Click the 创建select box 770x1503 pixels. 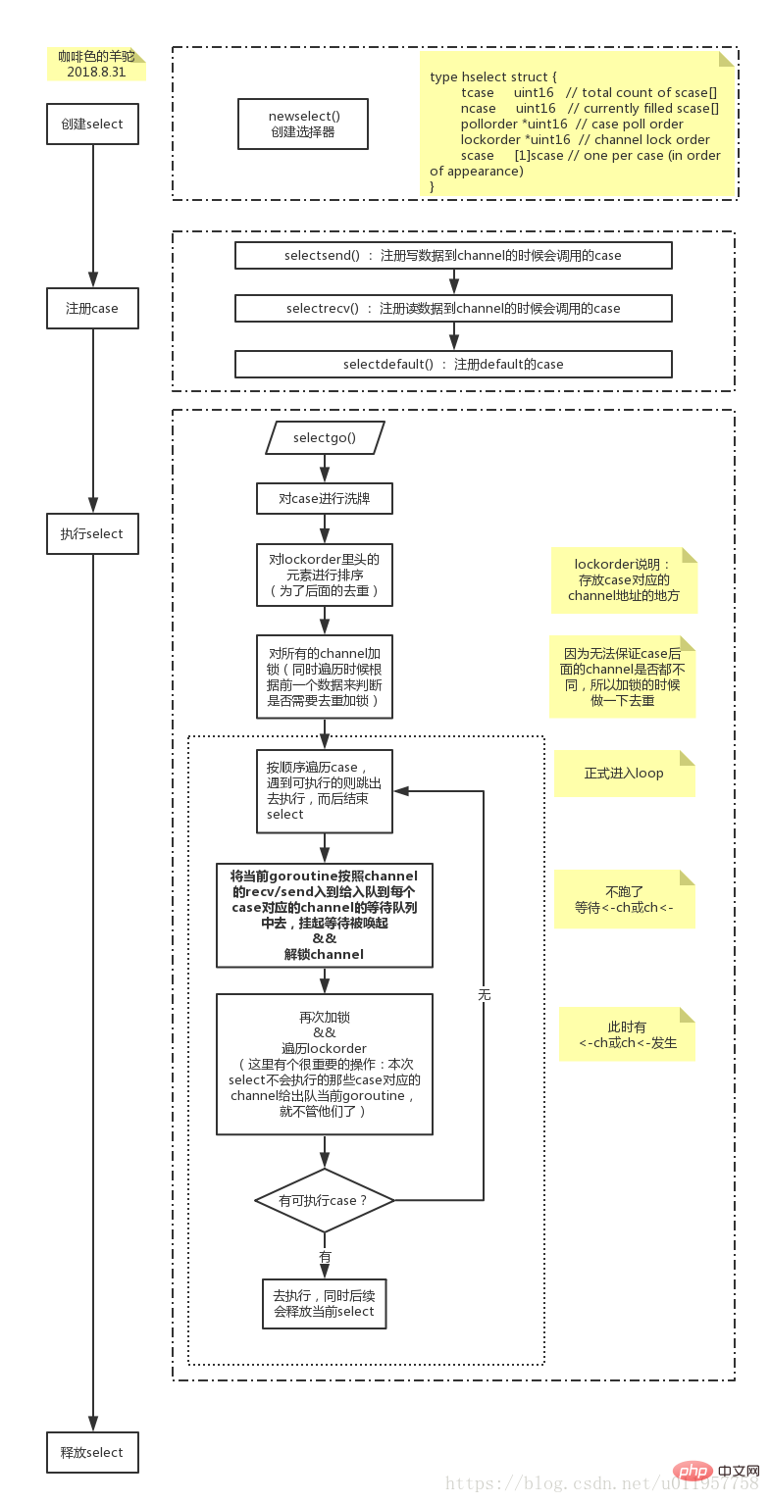[x=92, y=124]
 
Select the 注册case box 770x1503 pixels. [x=92, y=308]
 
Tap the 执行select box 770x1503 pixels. [x=92, y=533]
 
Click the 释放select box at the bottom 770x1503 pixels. [x=92, y=1451]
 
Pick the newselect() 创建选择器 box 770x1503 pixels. [x=303, y=124]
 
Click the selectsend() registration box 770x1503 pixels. [x=453, y=255]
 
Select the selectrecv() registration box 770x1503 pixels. [x=453, y=308]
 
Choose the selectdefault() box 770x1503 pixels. [x=453, y=364]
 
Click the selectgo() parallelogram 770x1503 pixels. [x=325, y=437]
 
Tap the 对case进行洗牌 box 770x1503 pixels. [x=325, y=498]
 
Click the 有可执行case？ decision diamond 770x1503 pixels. [x=325, y=1200]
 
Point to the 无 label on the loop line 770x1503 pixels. [x=484, y=994]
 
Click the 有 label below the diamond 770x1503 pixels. [x=325, y=1256]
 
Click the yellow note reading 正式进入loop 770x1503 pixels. [x=625, y=774]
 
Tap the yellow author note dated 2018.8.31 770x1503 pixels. [x=96, y=64]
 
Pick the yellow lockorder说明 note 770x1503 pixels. [x=624, y=579]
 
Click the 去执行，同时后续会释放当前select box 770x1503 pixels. [x=325, y=1303]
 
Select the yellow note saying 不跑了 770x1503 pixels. [x=625, y=899]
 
